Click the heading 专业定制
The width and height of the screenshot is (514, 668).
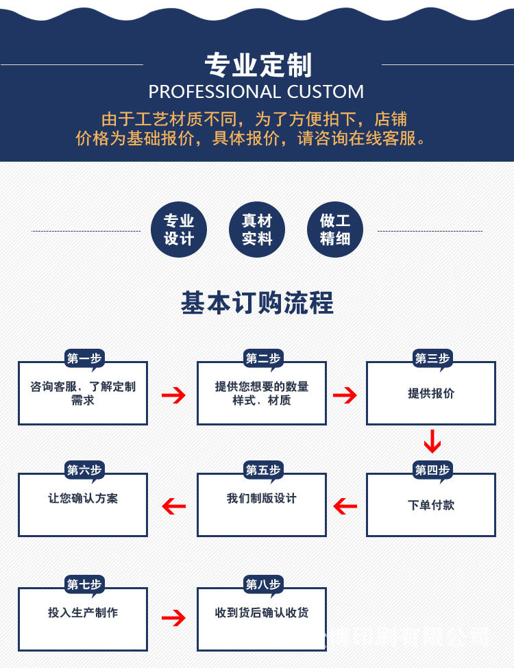pos(258,65)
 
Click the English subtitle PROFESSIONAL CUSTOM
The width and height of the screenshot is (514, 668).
pos(256,92)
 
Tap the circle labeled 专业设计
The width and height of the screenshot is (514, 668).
pos(179,230)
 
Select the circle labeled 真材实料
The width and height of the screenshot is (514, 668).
pos(257,230)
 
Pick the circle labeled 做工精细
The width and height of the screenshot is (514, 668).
pos(335,230)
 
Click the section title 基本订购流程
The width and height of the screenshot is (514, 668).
pos(257,303)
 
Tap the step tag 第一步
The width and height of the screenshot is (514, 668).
pos(84,358)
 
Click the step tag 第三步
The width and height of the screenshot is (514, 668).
pos(432,358)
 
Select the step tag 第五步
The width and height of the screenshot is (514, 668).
pos(263,470)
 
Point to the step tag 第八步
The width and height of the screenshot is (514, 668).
pos(263,584)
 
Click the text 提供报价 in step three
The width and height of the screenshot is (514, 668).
pos(431,393)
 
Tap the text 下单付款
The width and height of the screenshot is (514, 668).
pos(431,505)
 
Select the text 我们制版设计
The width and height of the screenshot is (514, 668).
pos(262,498)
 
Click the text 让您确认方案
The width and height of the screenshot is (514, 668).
pos(83,498)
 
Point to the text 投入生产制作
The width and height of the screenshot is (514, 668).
pos(83,613)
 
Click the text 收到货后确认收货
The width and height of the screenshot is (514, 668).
pos(262,613)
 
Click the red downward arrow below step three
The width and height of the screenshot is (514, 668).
pos(432,441)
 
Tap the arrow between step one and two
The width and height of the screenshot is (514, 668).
pos(173,395)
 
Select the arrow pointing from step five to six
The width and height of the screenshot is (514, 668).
pos(174,506)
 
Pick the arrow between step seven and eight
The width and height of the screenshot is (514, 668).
pos(173,618)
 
